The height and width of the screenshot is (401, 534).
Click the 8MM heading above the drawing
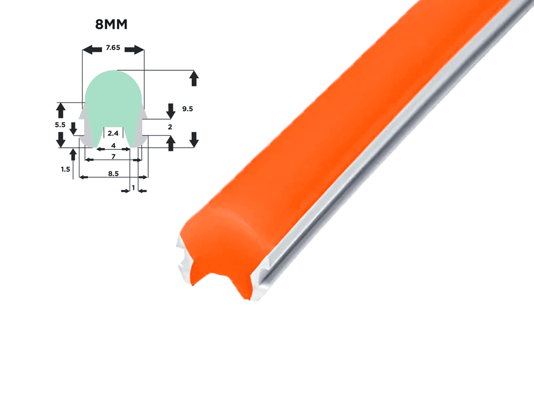[112, 24]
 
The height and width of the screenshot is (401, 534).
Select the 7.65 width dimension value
[113, 48]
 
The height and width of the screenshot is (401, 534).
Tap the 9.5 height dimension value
[188, 109]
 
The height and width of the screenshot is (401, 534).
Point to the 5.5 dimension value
[60, 125]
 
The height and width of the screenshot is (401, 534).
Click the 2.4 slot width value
[113, 133]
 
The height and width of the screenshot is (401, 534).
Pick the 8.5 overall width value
[114, 174]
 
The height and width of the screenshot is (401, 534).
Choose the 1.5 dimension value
[65, 169]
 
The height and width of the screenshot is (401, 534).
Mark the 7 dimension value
[114, 157]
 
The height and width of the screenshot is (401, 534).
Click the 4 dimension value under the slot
[114, 145]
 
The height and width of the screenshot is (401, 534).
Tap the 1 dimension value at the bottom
[133, 187]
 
